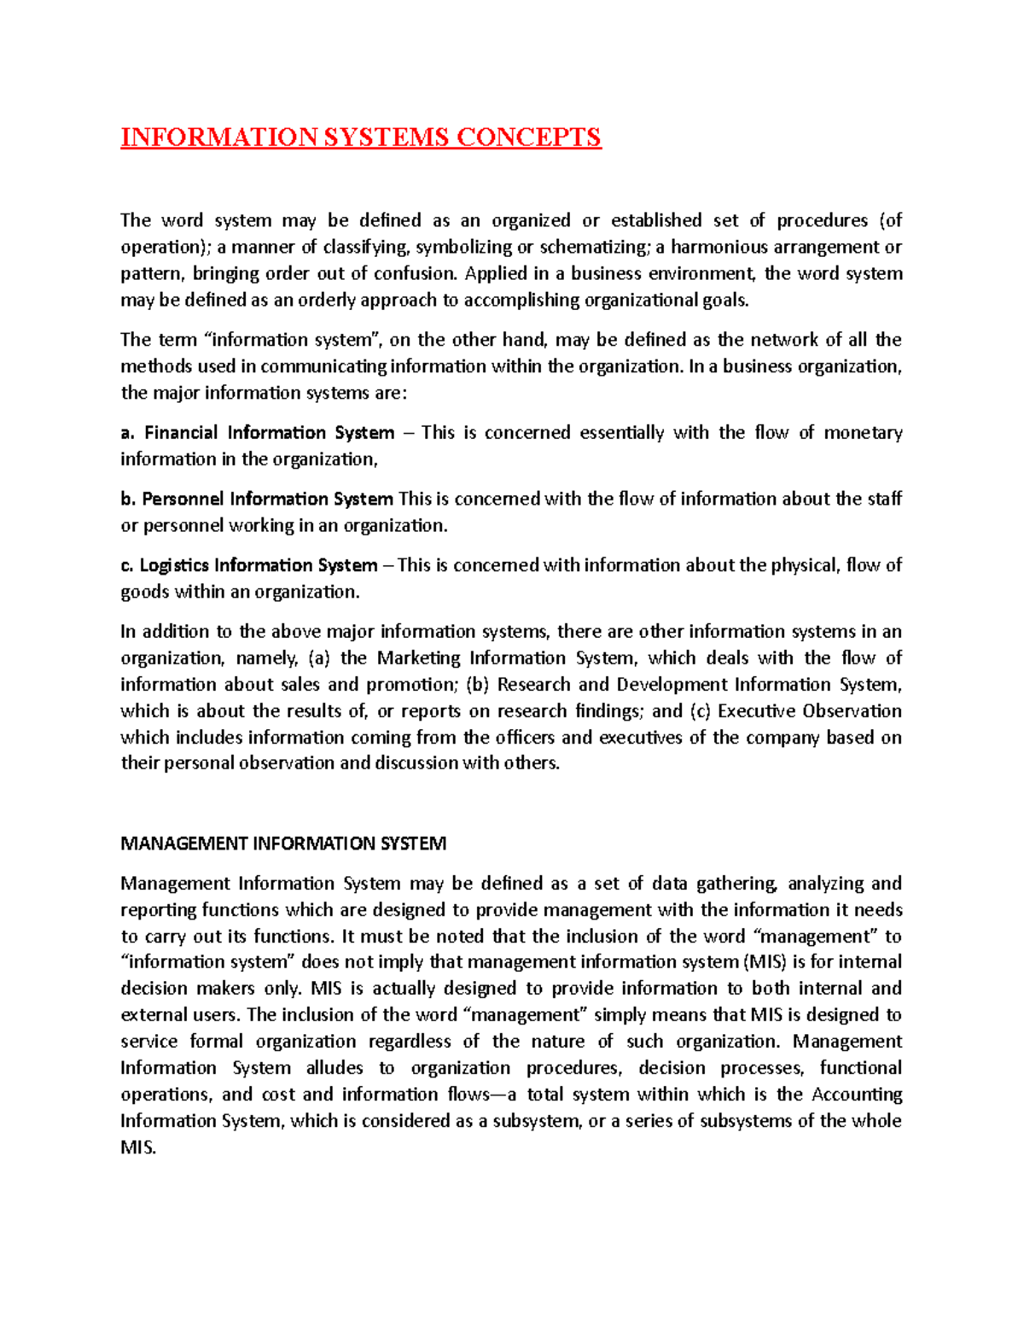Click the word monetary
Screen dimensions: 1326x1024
click(863, 432)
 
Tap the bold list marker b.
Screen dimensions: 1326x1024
click(128, 499)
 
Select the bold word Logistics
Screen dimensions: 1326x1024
click(173, 565)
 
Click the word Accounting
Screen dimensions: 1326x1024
click(857, 1094)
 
